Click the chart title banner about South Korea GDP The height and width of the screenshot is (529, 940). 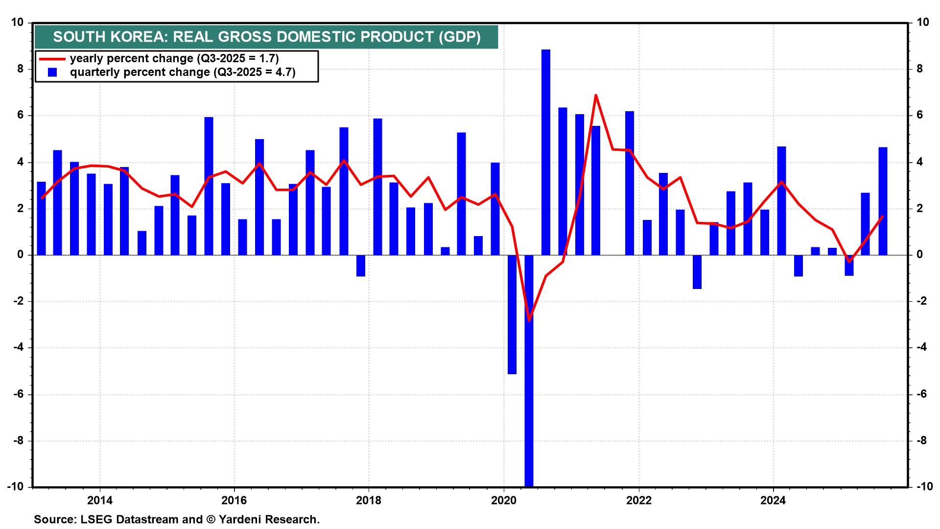pyautogui.click(x=266, y=37)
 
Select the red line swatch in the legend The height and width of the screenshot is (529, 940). pyautogui.click(x=52, y=59)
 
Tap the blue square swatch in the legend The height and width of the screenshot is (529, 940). pyautogui.click(x=52, y=72)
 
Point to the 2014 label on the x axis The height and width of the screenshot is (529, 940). pyautogui.click(x=100, y=500)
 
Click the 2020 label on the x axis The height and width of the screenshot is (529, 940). pyautogui.click(x=504, y=500)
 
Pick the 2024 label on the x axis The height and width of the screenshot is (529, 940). pyautogui.click(x=773, y=500)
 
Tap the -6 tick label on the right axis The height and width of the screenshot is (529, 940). pyautogui.click(x=922, y=394)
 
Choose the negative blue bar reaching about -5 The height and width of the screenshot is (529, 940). pyautogui.click(x=512, y=313)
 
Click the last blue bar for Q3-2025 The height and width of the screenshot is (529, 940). pyautogui.click(x=883, y=201)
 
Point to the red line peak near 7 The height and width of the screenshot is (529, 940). pyautogui.click(x=596, y=95)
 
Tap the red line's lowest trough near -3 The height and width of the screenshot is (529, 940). pyautogui.click(x=529, y=320)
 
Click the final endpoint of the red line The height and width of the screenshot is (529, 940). pyautogui.click(x=883, y=216)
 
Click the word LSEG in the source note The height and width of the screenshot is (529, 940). pyautogui.click(x=95, y=520)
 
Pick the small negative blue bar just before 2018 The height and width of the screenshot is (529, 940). pyautogui.click(x=361, y=265)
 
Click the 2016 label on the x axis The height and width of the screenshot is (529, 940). pyautogui.click(x=234, y=500)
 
